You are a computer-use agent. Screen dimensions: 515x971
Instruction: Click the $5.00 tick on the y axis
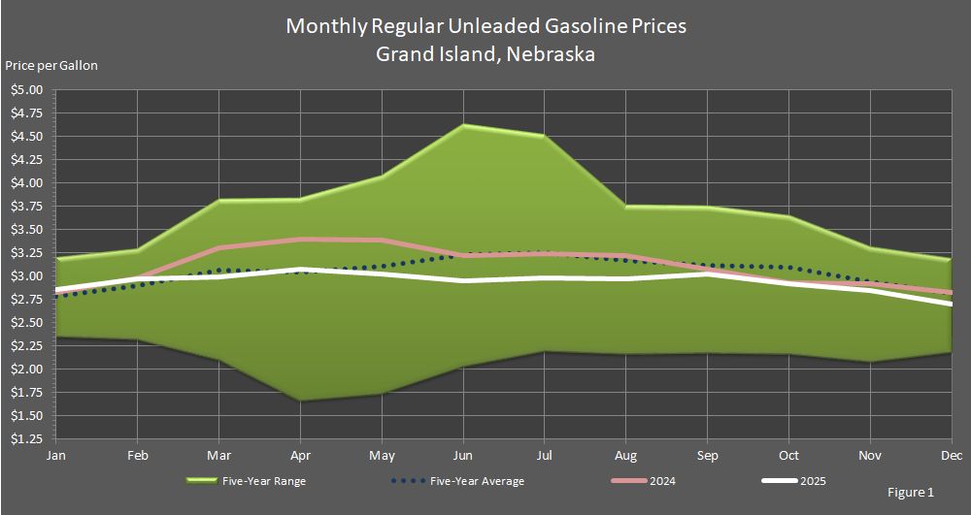tap(27, 90)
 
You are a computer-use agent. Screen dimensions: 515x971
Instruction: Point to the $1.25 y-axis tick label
tap(27, 439)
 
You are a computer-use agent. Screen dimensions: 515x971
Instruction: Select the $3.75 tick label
tap(27, 207)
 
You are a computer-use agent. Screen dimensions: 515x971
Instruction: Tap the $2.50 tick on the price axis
tap(27, 323)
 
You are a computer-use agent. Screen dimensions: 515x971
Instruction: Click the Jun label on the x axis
tap(464, 455)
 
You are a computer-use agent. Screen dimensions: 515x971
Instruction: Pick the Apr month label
tap(301, 455)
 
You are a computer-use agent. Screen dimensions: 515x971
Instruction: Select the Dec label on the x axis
tap(952, 455)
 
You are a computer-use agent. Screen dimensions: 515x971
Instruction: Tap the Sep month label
tap(708, 455)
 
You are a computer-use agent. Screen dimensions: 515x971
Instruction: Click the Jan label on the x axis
tap(56, 455)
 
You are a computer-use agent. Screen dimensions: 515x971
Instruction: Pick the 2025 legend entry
tap(814, 481)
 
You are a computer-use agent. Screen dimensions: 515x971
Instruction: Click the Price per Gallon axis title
tap(51, 66)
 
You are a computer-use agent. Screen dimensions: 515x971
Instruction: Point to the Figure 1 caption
tap(910, 493)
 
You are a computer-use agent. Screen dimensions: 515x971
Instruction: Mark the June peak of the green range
tap(464, 125)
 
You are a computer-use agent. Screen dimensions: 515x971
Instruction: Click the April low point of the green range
tap(301, 401)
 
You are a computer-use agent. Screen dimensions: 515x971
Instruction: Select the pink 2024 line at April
tap(301, 239)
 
